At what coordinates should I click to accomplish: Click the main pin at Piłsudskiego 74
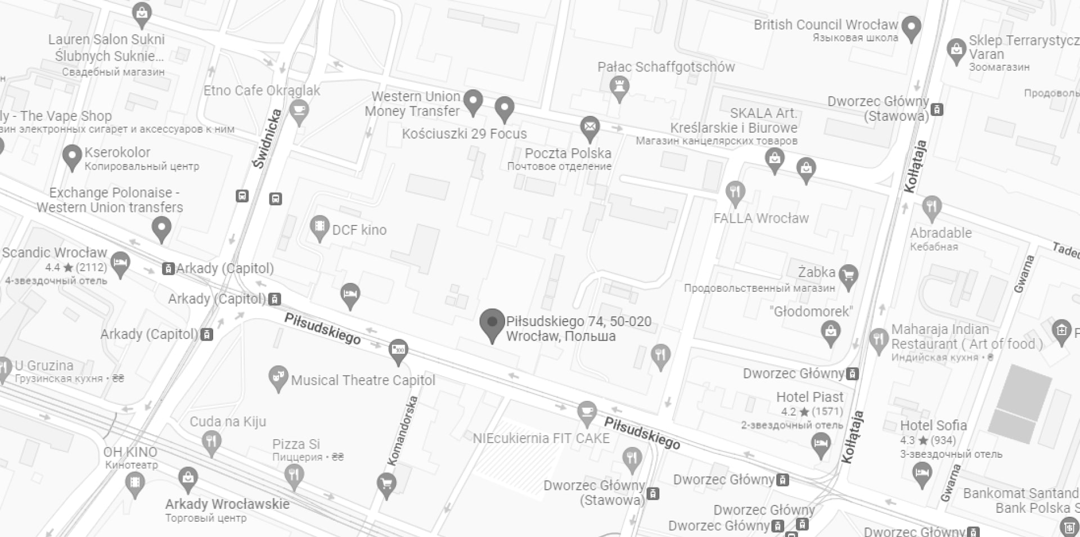click(492, 324)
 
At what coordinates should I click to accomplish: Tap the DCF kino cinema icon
click(319, 227)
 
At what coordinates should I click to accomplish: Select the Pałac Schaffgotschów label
click(666, 67)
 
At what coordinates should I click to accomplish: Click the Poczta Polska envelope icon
click(589, 128)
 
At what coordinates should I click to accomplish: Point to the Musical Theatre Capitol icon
click(278, 377)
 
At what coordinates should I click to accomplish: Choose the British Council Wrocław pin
click(911, 26)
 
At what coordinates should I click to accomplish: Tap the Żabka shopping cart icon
click(848, 276)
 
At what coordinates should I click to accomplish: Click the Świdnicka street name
click(268, 138)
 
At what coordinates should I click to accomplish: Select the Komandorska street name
click(403, 431)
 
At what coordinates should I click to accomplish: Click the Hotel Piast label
click(809, 397)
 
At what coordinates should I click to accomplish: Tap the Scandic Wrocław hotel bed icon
click(120, 263)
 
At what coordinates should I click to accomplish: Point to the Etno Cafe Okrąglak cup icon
click(299, 110)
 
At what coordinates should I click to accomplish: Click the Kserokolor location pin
click(72, 156)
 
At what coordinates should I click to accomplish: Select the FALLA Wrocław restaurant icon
click(735, 192)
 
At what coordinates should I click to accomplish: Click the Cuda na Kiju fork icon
click(211, 441)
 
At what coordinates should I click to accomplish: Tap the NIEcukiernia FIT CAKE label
click(541, 438)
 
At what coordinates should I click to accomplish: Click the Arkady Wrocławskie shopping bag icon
click(187, 479)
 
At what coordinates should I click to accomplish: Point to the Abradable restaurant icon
click(931, 207)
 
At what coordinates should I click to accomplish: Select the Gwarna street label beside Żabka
click(1024, 274)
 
